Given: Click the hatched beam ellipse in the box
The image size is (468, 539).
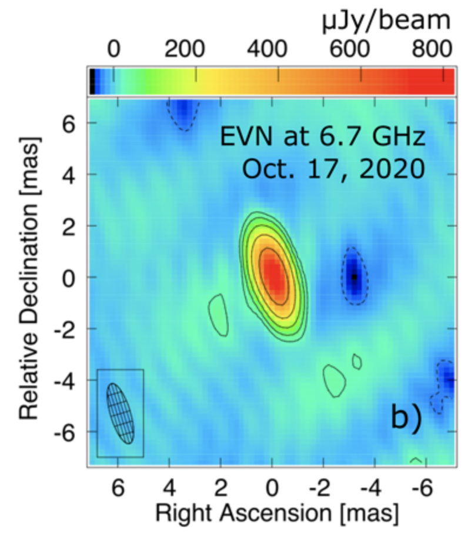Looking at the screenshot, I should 121,413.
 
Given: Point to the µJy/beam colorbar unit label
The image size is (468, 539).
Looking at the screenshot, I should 386,22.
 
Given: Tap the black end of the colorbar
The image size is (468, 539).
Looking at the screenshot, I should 92,81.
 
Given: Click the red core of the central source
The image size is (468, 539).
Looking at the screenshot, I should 272,277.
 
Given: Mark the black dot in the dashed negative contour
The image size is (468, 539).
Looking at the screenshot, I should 354,276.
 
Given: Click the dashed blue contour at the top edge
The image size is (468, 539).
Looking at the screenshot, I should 183,112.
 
